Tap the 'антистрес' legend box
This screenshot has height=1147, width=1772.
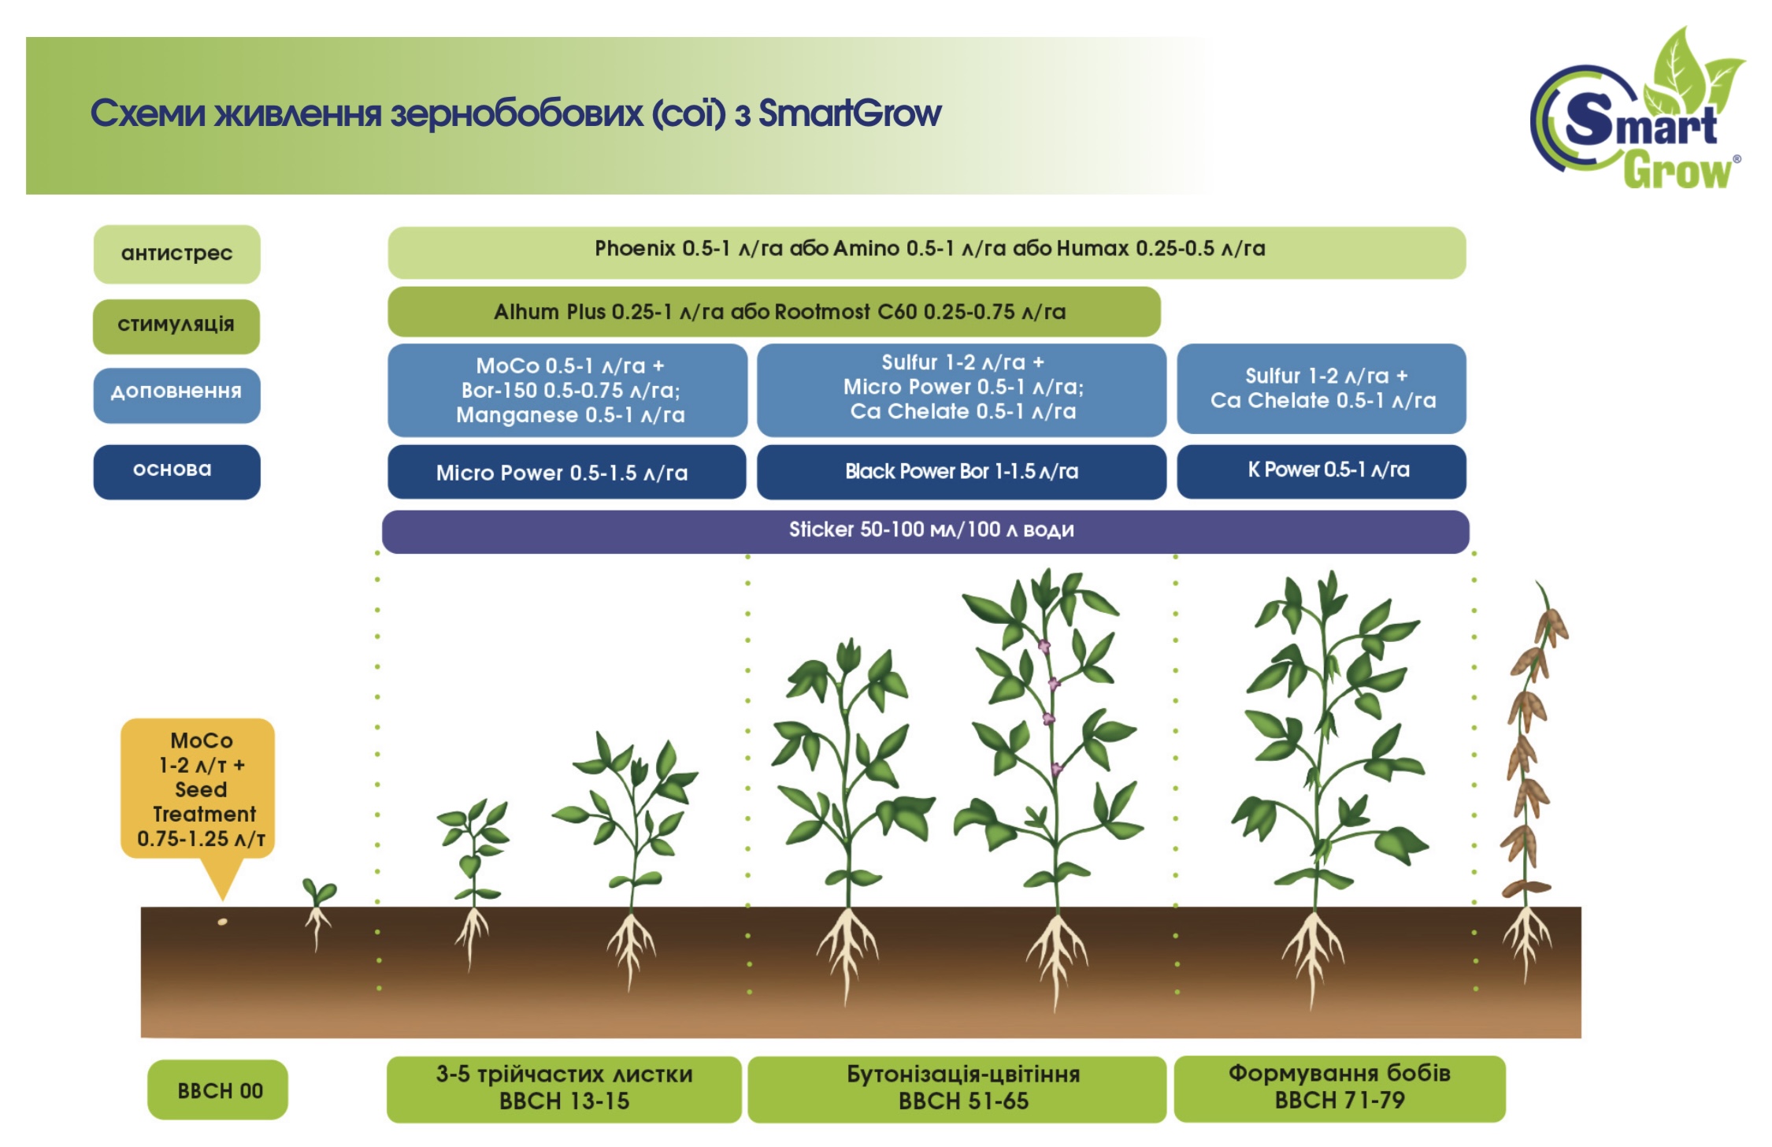[x=176, y=254]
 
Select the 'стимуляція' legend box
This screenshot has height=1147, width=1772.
[x=176, y=325]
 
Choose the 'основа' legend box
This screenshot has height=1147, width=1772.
[x=176, y=471]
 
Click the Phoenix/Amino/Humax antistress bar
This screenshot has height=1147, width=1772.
[x=927, y=252]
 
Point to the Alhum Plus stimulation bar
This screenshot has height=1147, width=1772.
[x=773, y=312]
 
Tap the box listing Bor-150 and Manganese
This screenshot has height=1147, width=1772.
[x=567, y=390]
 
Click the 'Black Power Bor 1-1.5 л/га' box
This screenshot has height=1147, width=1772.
[x=961, y=472]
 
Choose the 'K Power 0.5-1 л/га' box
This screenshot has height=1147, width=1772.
[x=1321, y=471]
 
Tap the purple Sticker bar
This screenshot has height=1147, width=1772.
[x=925, y=531]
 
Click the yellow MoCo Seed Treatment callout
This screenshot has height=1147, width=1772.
[x=198, y=788]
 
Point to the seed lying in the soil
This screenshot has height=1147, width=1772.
[x=222, y=921]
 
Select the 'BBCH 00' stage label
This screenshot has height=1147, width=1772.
[x=218, y=1090]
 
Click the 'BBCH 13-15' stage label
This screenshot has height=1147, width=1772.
[x=564, y=1089]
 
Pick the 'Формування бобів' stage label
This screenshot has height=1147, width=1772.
[x=1339, y=1088]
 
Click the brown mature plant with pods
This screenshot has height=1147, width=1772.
[x=1529, y=756]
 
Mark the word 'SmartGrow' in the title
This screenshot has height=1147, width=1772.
[x=850, y=113]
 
